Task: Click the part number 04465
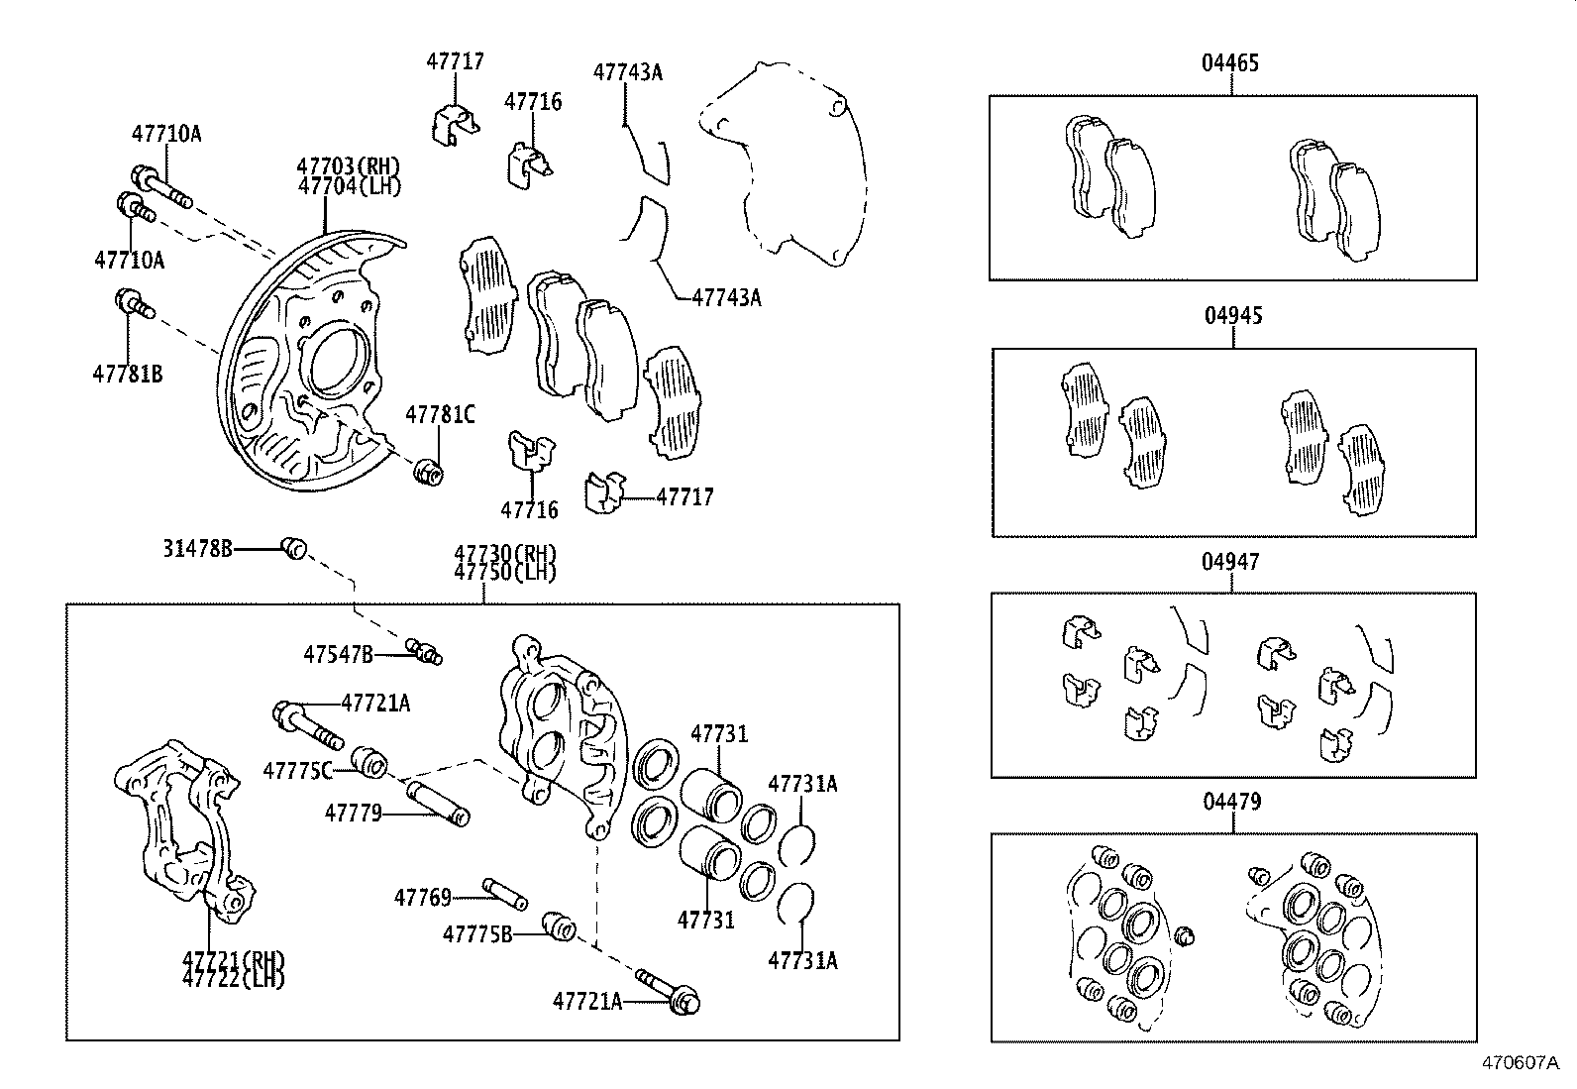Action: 1230,63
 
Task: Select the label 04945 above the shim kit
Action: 1233,316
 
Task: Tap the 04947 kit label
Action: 1231,562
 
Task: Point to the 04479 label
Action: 1232,802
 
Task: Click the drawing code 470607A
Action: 1521,1063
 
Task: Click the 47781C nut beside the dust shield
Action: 429,473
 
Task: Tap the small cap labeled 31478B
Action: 294,547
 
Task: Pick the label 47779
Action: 353,814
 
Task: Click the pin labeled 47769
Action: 504,893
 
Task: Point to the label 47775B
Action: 476,933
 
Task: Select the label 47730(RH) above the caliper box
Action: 505,554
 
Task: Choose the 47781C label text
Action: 440,415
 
